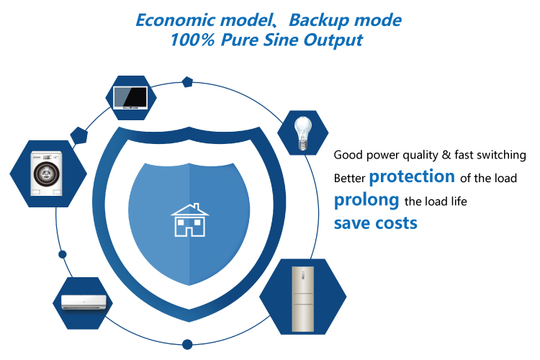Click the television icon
(x=131, y=97)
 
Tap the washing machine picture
(x=48, y=174)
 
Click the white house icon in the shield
(x=189, y=219)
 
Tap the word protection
(x=412, y=176)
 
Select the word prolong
(x=366, y=199)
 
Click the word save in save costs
(x=353, y=222)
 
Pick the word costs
(x=396, y=223)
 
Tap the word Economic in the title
(x=173, y=20)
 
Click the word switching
(x=502, y=155)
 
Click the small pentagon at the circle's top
(x=188, y=82)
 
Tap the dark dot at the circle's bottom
(x=187, y=344)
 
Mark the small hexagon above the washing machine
(x=78, y=135)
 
